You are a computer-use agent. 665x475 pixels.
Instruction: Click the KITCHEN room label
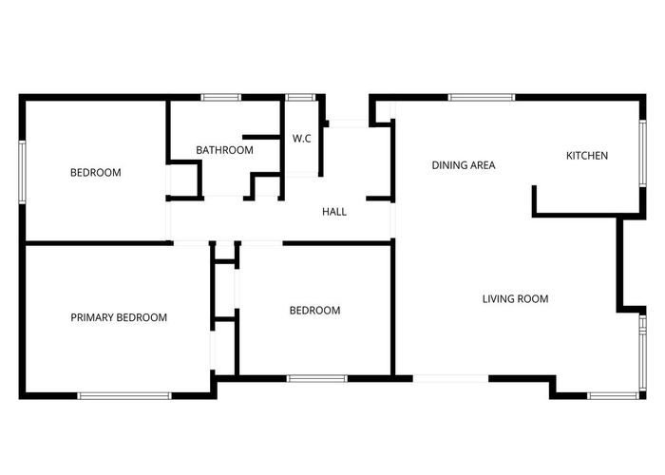[x=587, y=156]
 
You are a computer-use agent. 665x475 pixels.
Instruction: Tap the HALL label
[x=334, y=212]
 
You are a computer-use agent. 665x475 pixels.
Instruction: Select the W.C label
[x=302, y=139]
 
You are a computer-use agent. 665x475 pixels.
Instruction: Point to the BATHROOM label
[x=224, y=150]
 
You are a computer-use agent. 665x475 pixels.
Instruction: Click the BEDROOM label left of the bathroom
[x=96, y=173]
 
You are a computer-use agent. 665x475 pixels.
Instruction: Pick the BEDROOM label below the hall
[x=314, y=311]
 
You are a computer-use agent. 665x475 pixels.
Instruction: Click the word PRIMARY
[x=95, y=317]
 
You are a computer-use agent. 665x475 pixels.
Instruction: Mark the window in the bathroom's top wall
[x=220, y=97]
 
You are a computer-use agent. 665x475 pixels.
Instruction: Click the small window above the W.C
[x=301, y=97]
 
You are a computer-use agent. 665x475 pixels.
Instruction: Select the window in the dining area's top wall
[x=482, y=97]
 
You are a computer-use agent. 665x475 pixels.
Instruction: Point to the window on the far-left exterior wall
[x=22, y=172]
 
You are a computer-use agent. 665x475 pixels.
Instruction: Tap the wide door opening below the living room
[x=451, y=379]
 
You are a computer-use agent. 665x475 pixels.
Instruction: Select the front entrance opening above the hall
[x=348, y=123]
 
